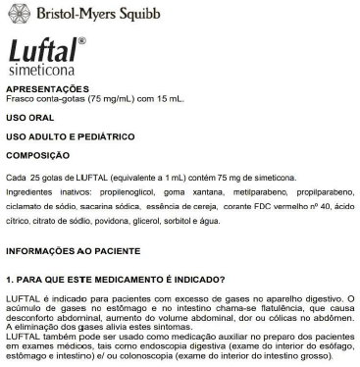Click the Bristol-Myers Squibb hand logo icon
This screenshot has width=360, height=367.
point(18,15)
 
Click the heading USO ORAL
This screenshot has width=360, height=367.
point(30,120)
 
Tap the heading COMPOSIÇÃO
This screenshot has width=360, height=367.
point(38,155)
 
